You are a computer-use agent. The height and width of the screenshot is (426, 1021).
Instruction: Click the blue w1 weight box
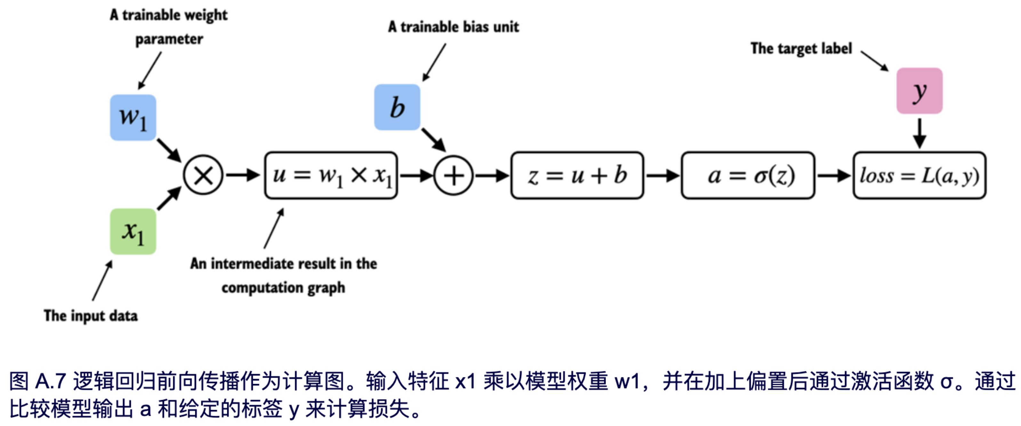point(133,118)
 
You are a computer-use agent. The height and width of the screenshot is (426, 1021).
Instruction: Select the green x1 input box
point(133,231)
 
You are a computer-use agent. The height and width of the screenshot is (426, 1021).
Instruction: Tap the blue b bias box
point(397,107)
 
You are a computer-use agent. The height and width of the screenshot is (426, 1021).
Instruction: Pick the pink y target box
point(919,91)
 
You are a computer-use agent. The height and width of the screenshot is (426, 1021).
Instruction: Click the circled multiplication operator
point(203,175)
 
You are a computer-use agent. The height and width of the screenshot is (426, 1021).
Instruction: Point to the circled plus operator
point(454,175)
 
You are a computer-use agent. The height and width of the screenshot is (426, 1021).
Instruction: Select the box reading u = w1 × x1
point(331,175)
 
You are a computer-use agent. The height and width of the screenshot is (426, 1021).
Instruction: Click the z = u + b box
point(577,175)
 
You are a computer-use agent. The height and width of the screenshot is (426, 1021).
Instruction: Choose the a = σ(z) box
point(748,175)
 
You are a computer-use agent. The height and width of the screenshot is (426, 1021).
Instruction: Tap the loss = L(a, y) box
point(919,175)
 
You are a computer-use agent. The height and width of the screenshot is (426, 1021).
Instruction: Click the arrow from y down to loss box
point(919,133)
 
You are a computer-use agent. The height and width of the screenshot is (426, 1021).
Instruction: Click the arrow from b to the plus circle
point(434,140)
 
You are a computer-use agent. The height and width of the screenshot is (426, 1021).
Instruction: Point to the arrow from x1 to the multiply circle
point(169,198)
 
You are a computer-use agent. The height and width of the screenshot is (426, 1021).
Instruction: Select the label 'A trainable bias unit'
point(453,27)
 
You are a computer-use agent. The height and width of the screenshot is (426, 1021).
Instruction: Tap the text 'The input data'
point(91,316)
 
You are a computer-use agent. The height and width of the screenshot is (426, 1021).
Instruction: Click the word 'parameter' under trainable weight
point(169,39)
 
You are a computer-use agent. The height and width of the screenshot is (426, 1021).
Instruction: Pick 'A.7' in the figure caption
point(50,381)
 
